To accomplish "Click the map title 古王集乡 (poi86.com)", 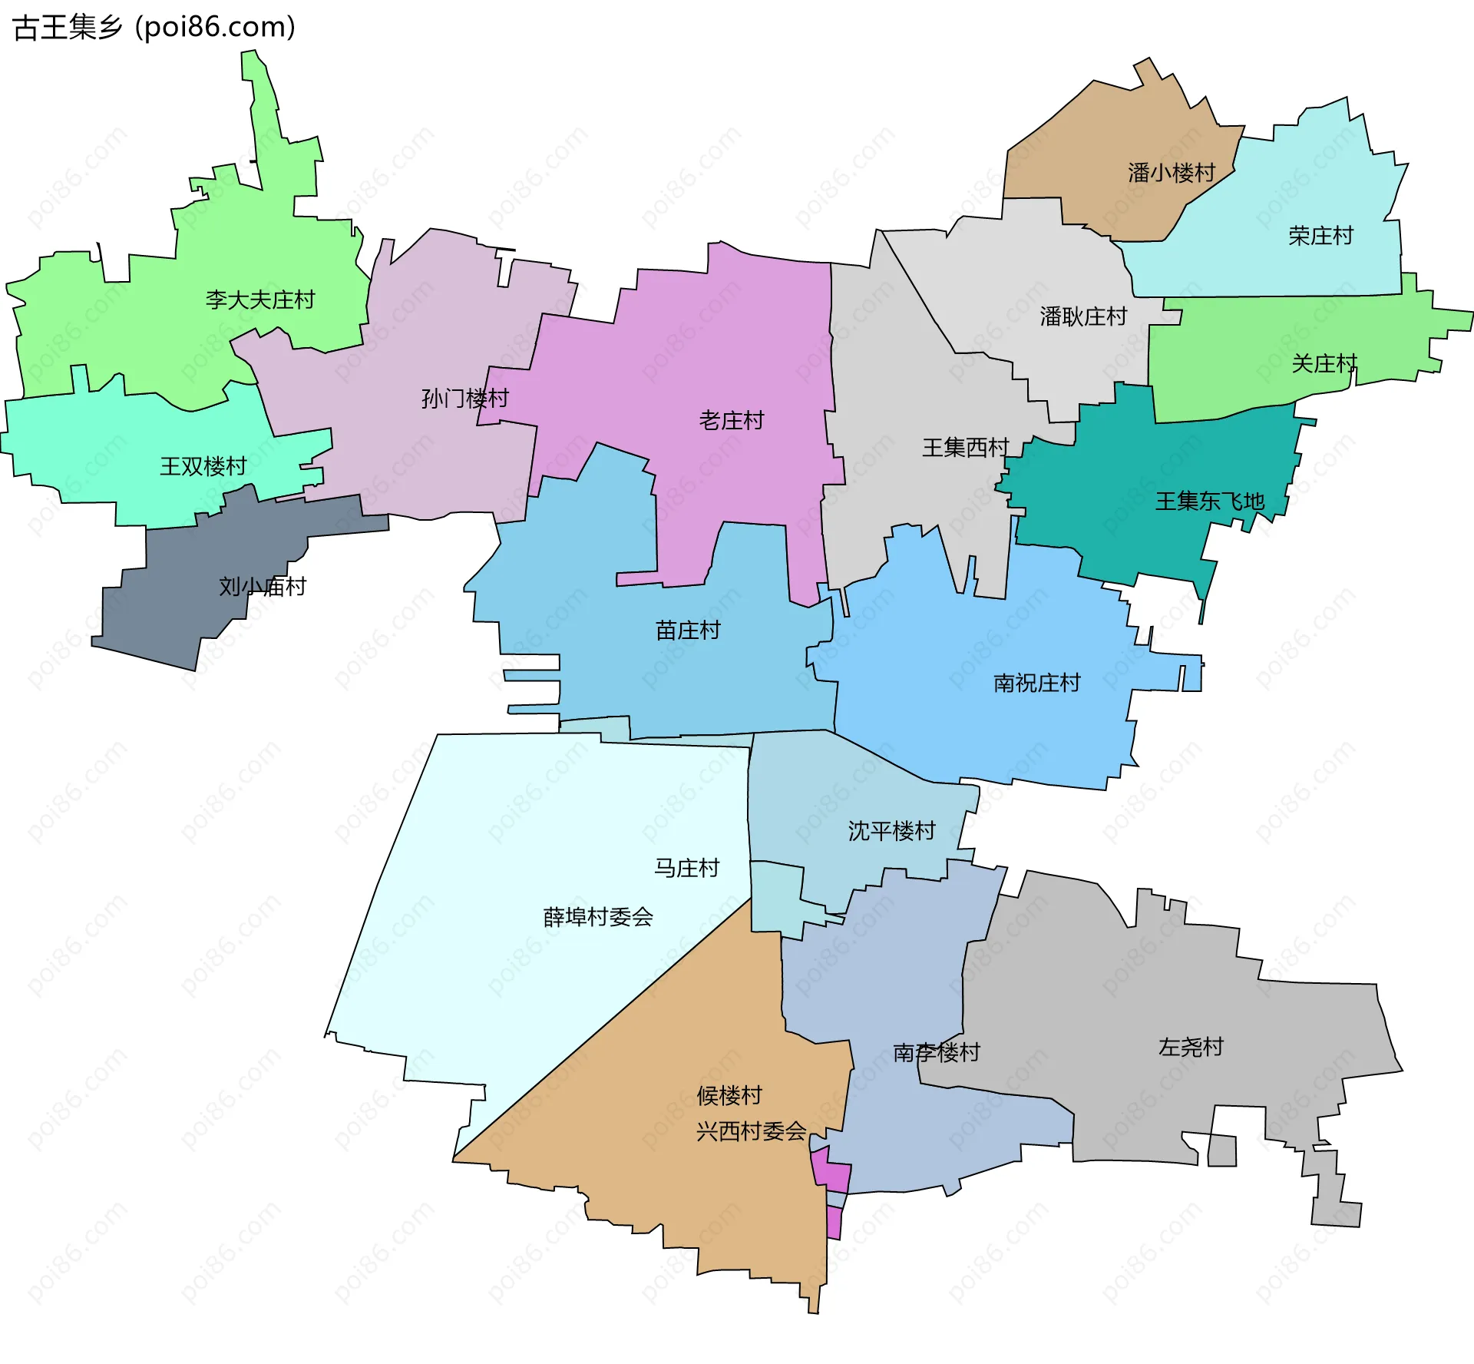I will [154, 27].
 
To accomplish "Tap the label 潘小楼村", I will [1172, 173].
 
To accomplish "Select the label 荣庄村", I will [1320, 236].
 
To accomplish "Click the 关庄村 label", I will [1324, 363].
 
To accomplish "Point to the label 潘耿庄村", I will [1083, 316].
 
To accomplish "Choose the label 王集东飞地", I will [1210, 502].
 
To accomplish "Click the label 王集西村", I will [965, 447].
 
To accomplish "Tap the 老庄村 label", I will [732, 420].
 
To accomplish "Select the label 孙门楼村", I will [465, 399].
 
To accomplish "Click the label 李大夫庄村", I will [260, 300].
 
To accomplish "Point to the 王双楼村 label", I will [203, 466].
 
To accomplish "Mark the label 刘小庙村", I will [263, 587].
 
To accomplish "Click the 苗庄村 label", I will [688, 631].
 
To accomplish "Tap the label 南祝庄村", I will [1036, 683].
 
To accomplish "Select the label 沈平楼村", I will [891, 831].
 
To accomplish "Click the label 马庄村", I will [686, 868].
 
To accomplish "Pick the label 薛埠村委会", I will [598, 917].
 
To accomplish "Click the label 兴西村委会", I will [751, 1131].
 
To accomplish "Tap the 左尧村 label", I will [1190, 1047].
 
